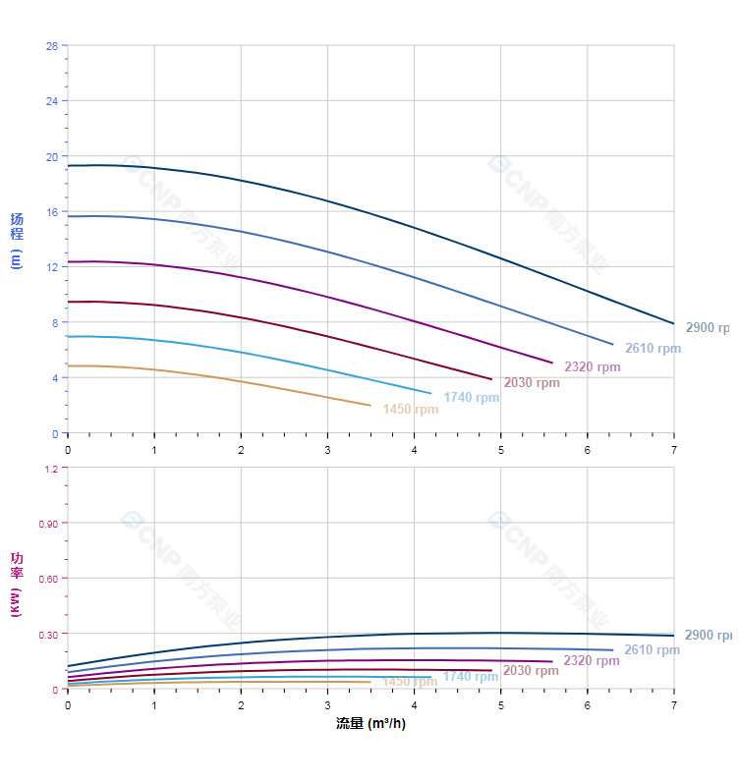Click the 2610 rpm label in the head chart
pyautogui.click(x=653, y=349)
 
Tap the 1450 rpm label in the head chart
pyautogui.click(x=411, y=410)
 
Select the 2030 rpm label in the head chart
pyautogui.click(x=532, y=383)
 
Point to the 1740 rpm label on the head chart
pyautogui.click(x=472, y=398)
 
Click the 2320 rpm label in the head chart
pyautogui.click(x=593, y=367)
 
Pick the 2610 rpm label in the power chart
pyautogui.click(x=653, y=650)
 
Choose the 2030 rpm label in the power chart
pyautogui.click(x=531, y=671)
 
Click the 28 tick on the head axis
pyautogui.click(x=51, y=46)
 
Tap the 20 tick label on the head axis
pyautogui.click(x=51, y=156)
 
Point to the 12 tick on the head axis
pyautogui.click(x=51, y=267)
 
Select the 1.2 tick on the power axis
pyautogui.click(x=50, y=469)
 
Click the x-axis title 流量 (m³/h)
pyautogui.click(x=370, y=724)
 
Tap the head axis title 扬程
pyautogui.click(x=17, y=226)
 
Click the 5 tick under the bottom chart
pyautogui.click(x=501, y=705)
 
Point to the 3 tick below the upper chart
pyautogui.click(x=327, y=450)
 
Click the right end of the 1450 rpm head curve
pyautogui.click(x=370, y=405)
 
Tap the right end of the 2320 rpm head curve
pyautogui.click(x=552, y=363)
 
